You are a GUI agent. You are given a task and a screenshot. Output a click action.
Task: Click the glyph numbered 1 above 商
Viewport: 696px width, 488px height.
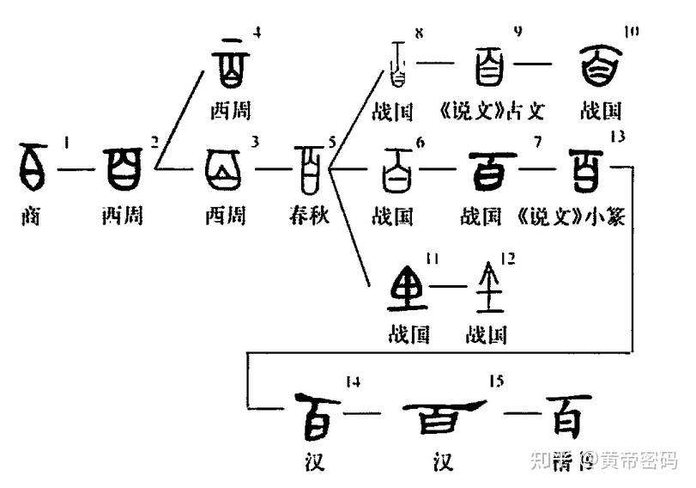34,167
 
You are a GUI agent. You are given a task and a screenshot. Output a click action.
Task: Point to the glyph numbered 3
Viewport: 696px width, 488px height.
225,168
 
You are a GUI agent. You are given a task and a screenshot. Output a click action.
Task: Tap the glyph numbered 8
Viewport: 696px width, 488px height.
396,64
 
